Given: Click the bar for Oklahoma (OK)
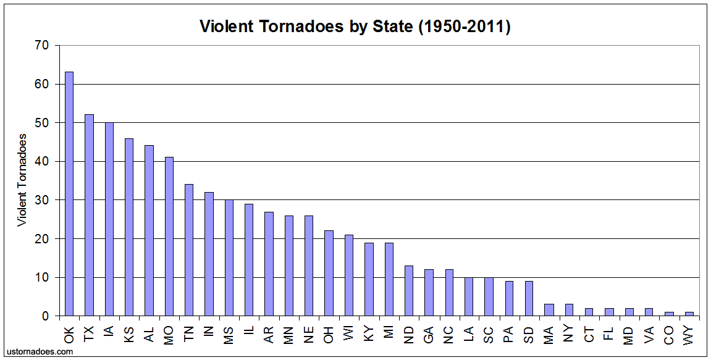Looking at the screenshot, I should [69, 194].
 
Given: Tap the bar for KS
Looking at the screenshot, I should [129, 227].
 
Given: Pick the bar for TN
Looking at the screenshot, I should [189, 250].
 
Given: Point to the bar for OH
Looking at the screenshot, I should [329, 274].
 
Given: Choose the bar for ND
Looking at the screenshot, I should [408, 291].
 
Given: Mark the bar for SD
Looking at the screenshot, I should [528, 299].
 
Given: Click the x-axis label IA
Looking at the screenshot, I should [109, 333].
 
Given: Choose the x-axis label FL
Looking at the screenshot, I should [608, 333].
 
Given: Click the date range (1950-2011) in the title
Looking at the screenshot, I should [465, 27].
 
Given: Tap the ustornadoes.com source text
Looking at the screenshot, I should [40, 351].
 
